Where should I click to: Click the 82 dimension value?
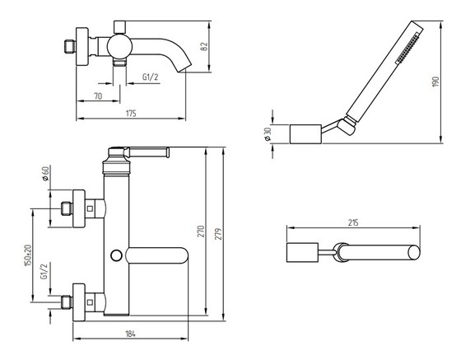[204, 46]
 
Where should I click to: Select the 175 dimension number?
[131, 113]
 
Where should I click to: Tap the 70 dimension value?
[98, 96]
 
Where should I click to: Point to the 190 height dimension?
[435, 82]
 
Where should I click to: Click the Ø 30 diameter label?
[268, 134]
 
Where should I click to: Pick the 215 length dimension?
[353, 222]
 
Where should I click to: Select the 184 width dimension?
[130, 334]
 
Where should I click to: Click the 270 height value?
[201, 231]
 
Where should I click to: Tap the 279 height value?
[218, 233]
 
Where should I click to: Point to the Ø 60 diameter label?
[45, 174]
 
